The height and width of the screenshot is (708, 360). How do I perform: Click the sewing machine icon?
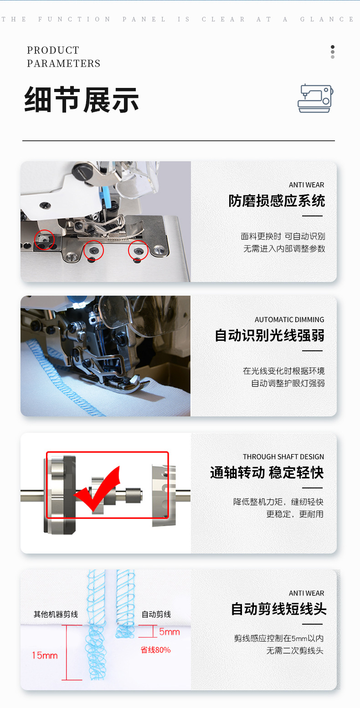pyautogui.click(x=315, y=98)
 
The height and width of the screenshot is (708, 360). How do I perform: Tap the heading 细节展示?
pyautogui.click(x=82, y=100)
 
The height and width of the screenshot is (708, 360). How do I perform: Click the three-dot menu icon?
pyautogui.click(x=333, y=52)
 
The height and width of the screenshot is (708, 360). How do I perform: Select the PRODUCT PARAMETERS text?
pyautogui.click(x=63, y=57)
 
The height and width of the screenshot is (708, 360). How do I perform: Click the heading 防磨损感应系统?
pyautogui.click(x=277, y=201)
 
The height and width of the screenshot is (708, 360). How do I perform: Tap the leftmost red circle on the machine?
pyautogui.click(x=44, y=240)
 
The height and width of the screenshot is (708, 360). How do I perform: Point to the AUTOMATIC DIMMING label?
pyautogui.click(x=289, y=319)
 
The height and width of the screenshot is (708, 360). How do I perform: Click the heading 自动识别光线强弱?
pyautogui.click(x=270, y=335)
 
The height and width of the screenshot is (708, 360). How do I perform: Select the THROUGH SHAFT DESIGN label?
pyautogui.click(x=283, y=457)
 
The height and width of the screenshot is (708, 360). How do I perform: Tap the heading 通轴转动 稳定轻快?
pyautogui.click(x=267, y=472)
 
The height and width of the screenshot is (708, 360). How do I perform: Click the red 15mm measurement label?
pyautogui.click(x=45, y=655)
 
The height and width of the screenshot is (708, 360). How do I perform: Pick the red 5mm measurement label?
pyautogui.click(x=170, y=632)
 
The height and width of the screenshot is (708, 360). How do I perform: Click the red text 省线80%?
pyautogui.click(x=155, y=650)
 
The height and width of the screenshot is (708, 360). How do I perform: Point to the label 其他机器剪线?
pyautogui.click(x=56, y=614)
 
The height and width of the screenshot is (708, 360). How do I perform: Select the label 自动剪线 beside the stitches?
pyautogui.click(x=156, y=614)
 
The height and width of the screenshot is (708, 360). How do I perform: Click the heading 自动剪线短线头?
pyautogui.click(x=278, y=609)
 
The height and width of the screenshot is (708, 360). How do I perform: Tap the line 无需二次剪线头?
pyautogui.click(x=294, y=651)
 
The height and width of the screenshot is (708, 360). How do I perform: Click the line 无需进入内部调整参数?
pyautogui.click(x=284, y=248)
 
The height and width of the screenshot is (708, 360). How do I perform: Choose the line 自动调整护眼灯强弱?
pyautogui.click(x=288, y=383)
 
